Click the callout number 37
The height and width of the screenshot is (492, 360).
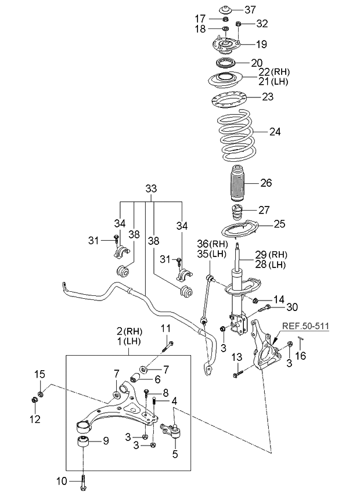pyautogui.click(x=250, y=9)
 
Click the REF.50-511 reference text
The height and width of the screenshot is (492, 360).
pyautogui.click(x=305, y=327)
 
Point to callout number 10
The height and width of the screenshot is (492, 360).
pyautogui.click(x=62, y=480)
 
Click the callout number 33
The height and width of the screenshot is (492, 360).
pyautogui.click(x=151, y=189)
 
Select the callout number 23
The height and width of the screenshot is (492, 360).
pyautogui.click(x=267, y=97)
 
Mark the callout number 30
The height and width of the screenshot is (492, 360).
pyautogui.click(x=291, y=307)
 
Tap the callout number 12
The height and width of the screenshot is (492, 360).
pyautogui.click(x=35, y=419)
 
